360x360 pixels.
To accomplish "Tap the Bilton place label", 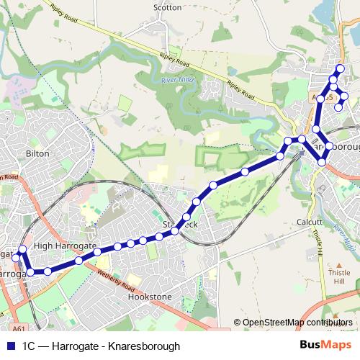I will (x=37, y=153).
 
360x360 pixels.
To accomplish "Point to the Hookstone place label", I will (x=150, y=296).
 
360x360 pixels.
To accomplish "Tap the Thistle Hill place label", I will (x=338, y=277).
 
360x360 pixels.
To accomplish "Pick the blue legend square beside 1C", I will (x=11, y=346).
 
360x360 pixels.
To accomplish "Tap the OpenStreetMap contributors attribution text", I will (x=297, y=323).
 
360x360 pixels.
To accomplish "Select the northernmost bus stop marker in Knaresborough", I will (x=341, y=69).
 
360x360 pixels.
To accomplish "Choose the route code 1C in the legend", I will (x=30, y=346).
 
